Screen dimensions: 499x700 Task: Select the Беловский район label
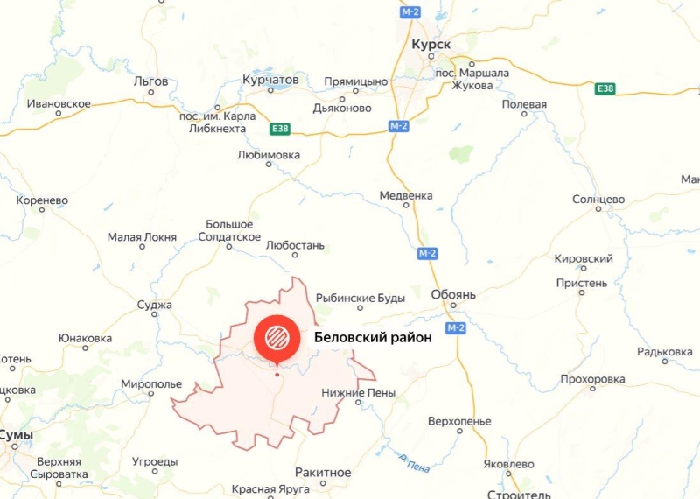pos(373,339)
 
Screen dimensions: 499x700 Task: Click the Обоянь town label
pos(453,295)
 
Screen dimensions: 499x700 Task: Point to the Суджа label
pos(155,306)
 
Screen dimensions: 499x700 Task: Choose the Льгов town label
pos(150,81)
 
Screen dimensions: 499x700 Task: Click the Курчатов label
pos(270,80)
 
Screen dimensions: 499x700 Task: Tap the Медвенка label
pos(406,195)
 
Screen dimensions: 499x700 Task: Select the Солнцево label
pos(598,200)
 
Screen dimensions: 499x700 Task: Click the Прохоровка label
pos(593,379)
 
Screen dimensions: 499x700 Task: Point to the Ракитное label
pos(323,473)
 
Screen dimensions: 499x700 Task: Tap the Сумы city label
pos(16,435)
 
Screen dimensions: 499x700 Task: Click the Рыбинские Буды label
pos(360,298)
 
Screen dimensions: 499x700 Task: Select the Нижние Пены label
pos(359,393)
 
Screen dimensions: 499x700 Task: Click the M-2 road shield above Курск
pos(410,12)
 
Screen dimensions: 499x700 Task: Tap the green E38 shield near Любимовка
pos(280,129)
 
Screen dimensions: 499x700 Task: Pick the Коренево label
pos(42,200)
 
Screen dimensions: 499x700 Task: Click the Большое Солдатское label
pos(229,231)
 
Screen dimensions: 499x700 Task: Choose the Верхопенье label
pos(459,421)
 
